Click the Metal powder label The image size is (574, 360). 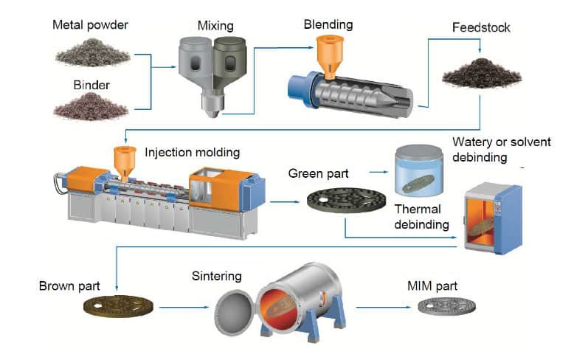[x=89, y=26]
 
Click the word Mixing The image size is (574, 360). [x=215, y=26]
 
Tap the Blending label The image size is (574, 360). [x=328, y=24]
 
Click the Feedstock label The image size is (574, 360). [x=481, y=28]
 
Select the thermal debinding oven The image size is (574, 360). [x=492, y=217]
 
